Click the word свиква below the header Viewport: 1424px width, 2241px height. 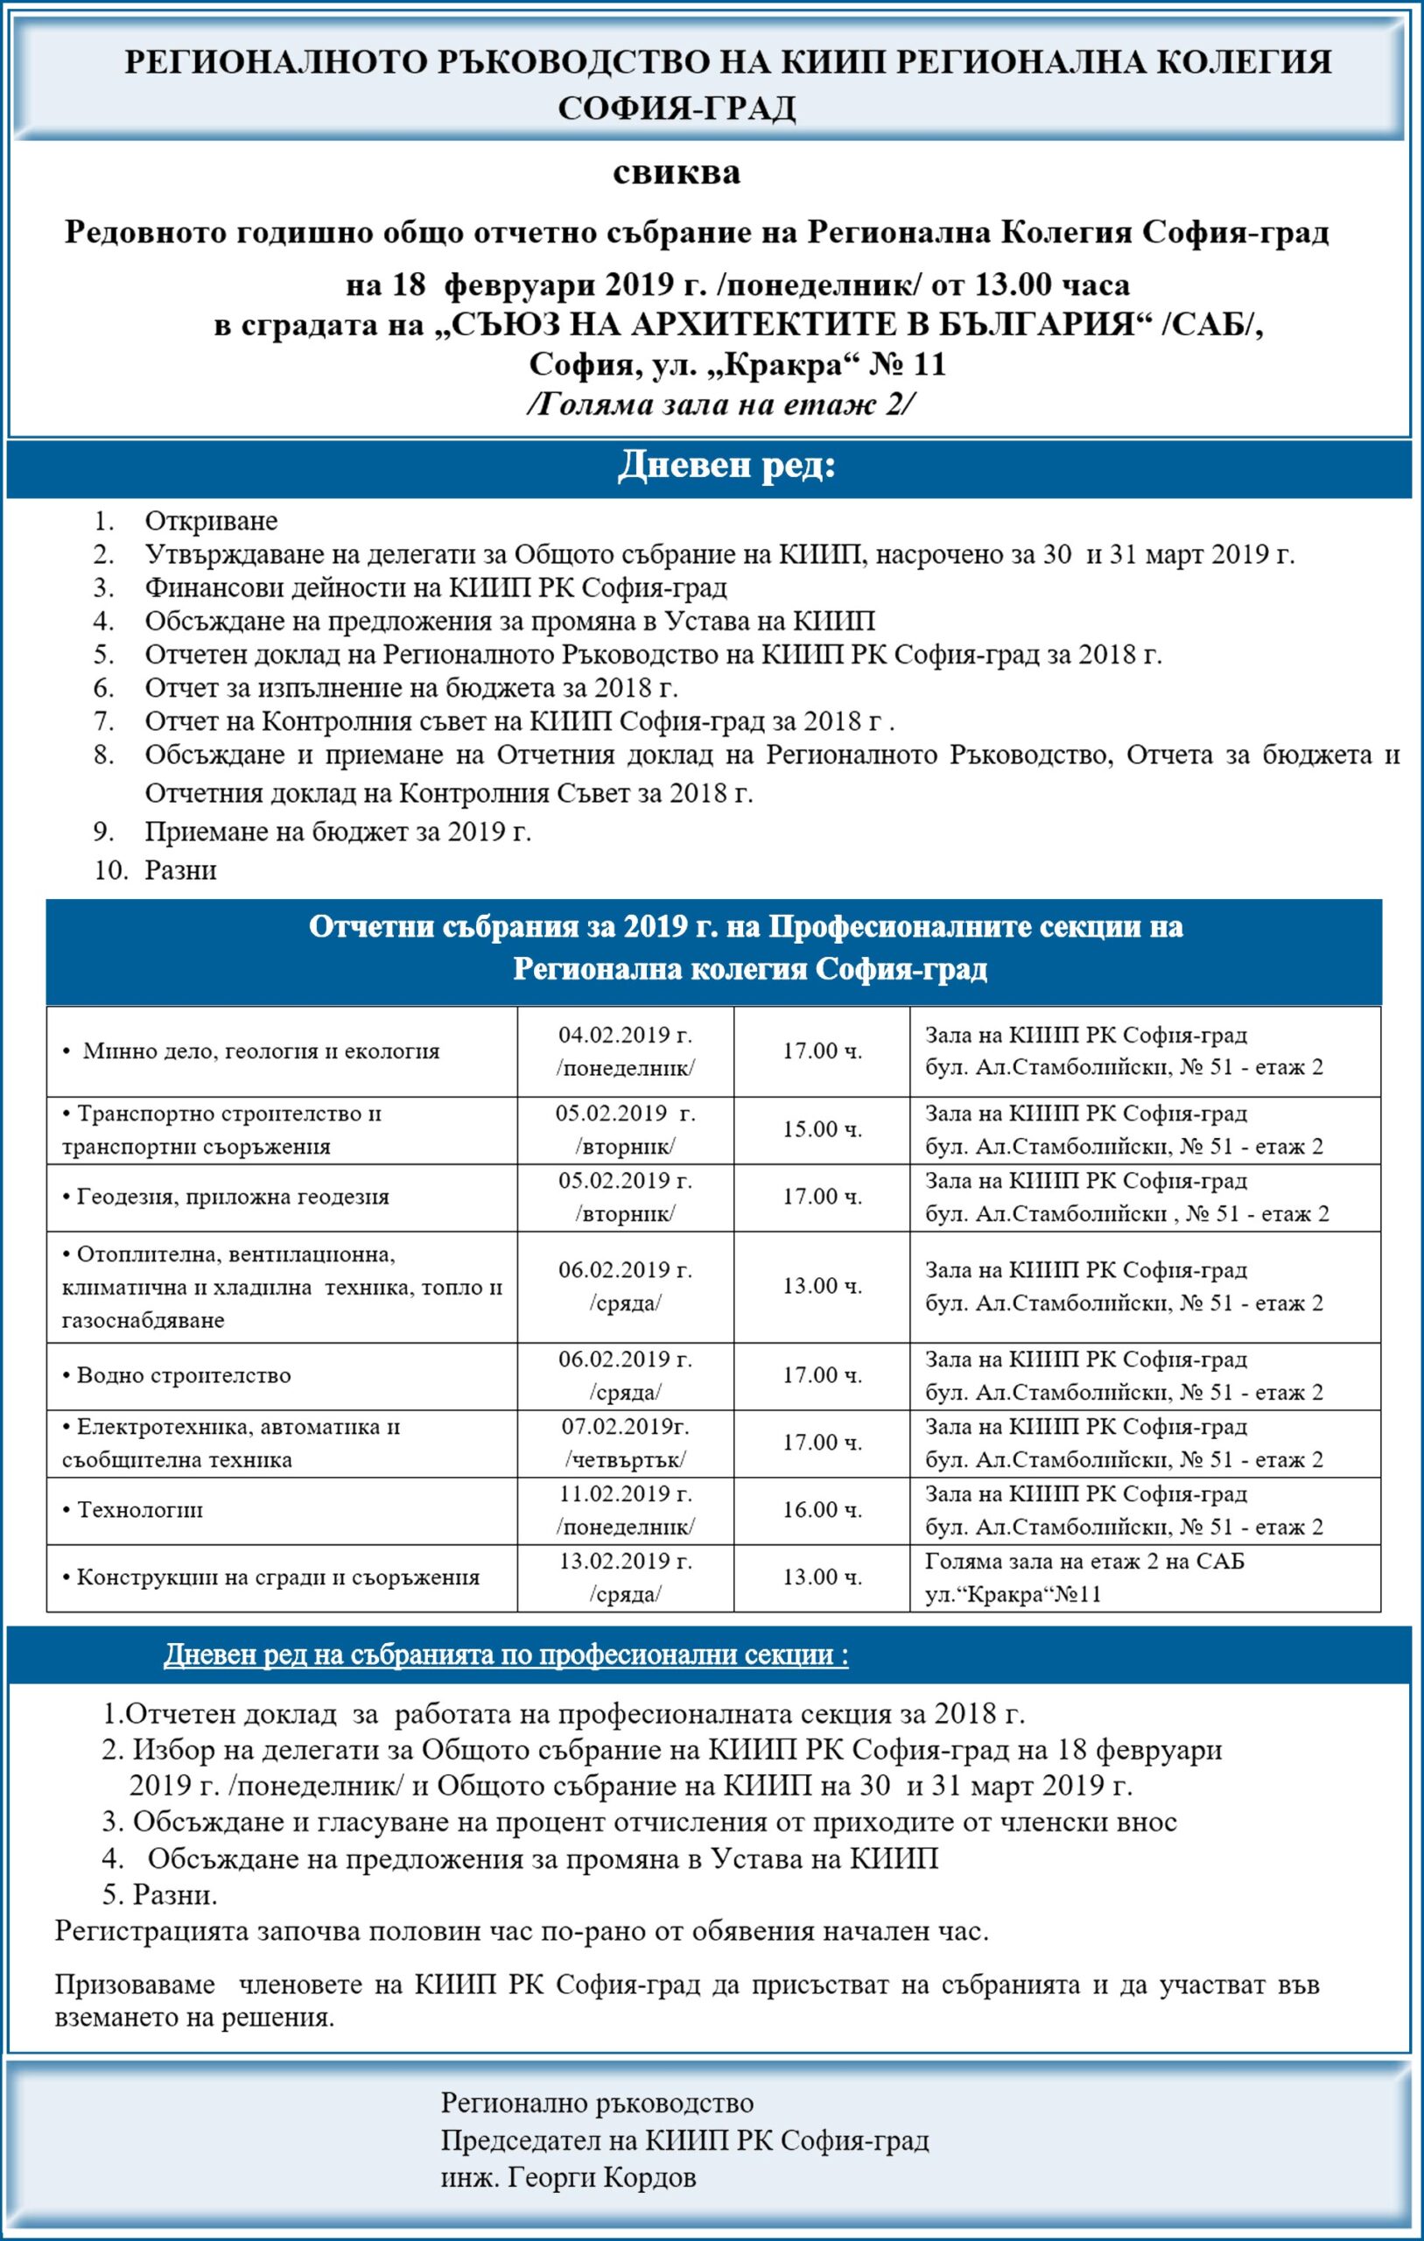point(677,173)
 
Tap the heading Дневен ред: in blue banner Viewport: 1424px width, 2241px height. point(726,467)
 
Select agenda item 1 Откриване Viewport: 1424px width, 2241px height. point(210,520)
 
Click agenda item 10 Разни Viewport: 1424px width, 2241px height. point(180,870)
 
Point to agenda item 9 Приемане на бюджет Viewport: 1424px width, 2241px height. point(338,831)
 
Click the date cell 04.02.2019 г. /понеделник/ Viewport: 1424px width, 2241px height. point(625,1050)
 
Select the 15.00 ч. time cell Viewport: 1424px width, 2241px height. point(822,1130)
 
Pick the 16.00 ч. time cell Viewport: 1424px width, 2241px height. point(822,1509)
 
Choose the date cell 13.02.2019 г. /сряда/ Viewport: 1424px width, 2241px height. point(625,1577)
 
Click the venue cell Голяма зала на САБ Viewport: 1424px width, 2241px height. point(1084,1577)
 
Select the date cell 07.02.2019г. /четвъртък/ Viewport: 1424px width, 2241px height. point(625,1443)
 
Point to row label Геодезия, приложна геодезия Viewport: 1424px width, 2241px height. point(225,1197)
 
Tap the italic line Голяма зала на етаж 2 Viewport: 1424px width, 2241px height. point(722,404)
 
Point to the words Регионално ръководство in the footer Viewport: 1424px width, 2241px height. point(597,2095)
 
